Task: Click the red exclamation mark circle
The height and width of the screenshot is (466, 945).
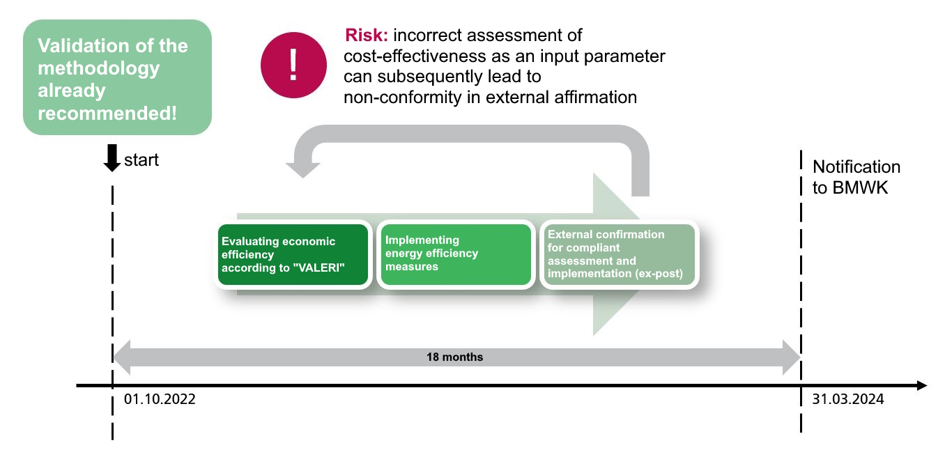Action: [293, 65]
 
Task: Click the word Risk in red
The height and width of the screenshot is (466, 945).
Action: [366, 35]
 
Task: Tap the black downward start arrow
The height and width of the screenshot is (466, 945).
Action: [112, 157]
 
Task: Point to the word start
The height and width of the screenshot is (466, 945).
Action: [141, 160]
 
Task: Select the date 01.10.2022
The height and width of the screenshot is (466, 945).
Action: [160, 399]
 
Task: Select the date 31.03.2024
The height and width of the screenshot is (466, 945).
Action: [848, 399]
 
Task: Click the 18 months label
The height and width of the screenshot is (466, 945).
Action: [454, 357]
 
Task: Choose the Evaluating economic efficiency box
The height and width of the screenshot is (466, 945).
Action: [293, 254]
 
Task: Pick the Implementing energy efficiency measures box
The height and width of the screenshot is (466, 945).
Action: [456, 254]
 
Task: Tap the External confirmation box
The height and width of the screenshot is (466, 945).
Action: [619, 254]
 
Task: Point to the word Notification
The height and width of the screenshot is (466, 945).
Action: [856, 167]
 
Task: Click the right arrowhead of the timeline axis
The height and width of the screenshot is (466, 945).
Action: [922, 385]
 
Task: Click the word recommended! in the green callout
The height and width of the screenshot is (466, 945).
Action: [107, 114]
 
